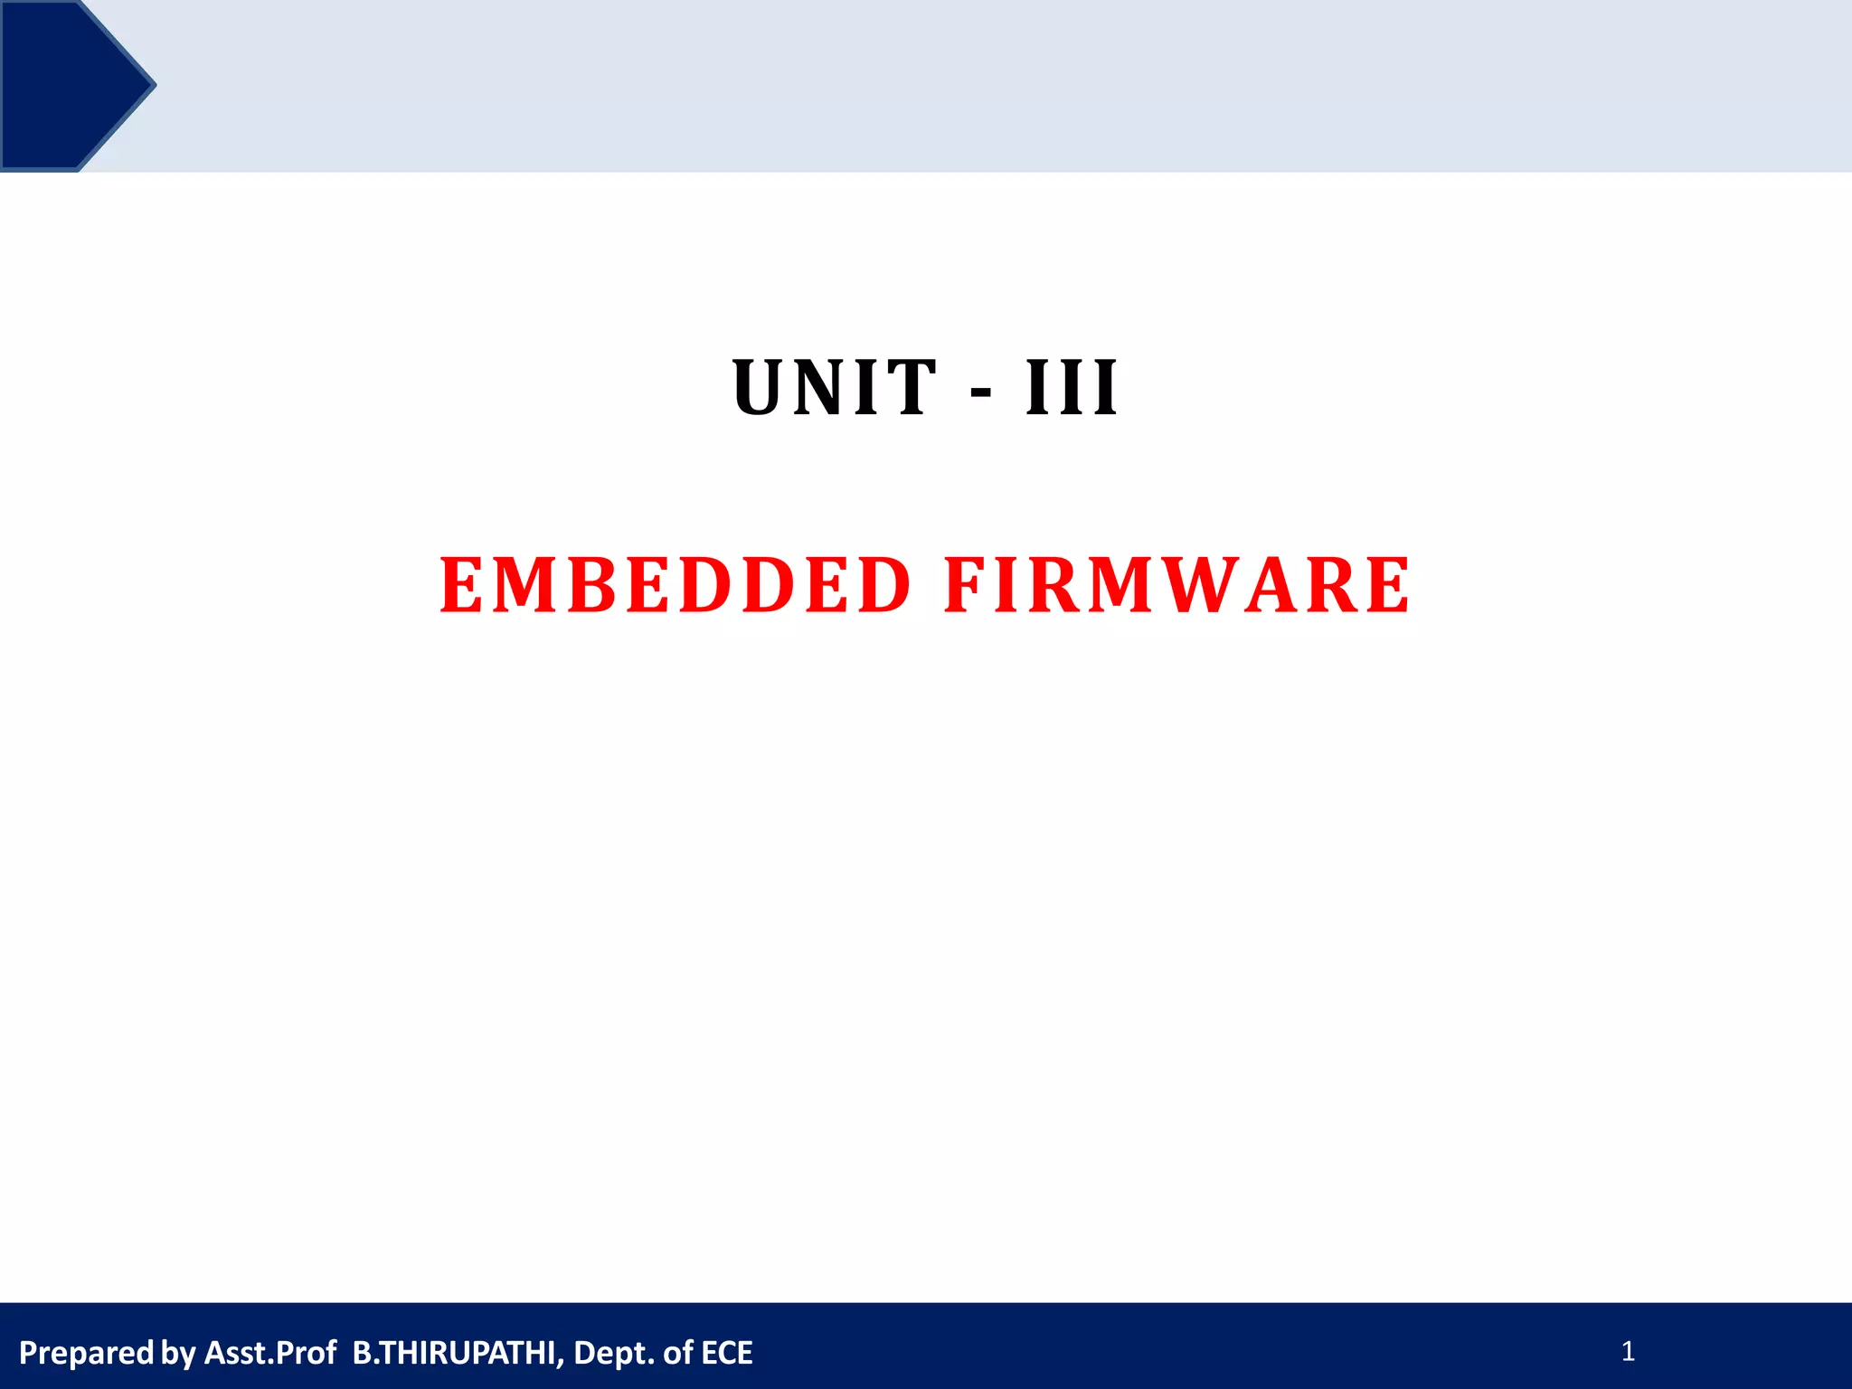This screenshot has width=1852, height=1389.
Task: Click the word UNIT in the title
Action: [x=834, y=389]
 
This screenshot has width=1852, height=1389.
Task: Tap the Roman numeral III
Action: [x=1072, y=389]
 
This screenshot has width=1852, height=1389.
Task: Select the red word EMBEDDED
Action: [x=676, y=586]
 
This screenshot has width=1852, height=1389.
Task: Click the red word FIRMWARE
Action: [x=1176, y=586]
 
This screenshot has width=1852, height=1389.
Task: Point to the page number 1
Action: [x=1628, y=1352]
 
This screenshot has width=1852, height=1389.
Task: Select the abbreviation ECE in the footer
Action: [x=727, y=1353]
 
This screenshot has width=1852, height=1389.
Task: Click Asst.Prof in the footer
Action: [x=270, y=1353]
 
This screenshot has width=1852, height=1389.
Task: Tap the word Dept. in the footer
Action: [x=614, y=1354]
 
